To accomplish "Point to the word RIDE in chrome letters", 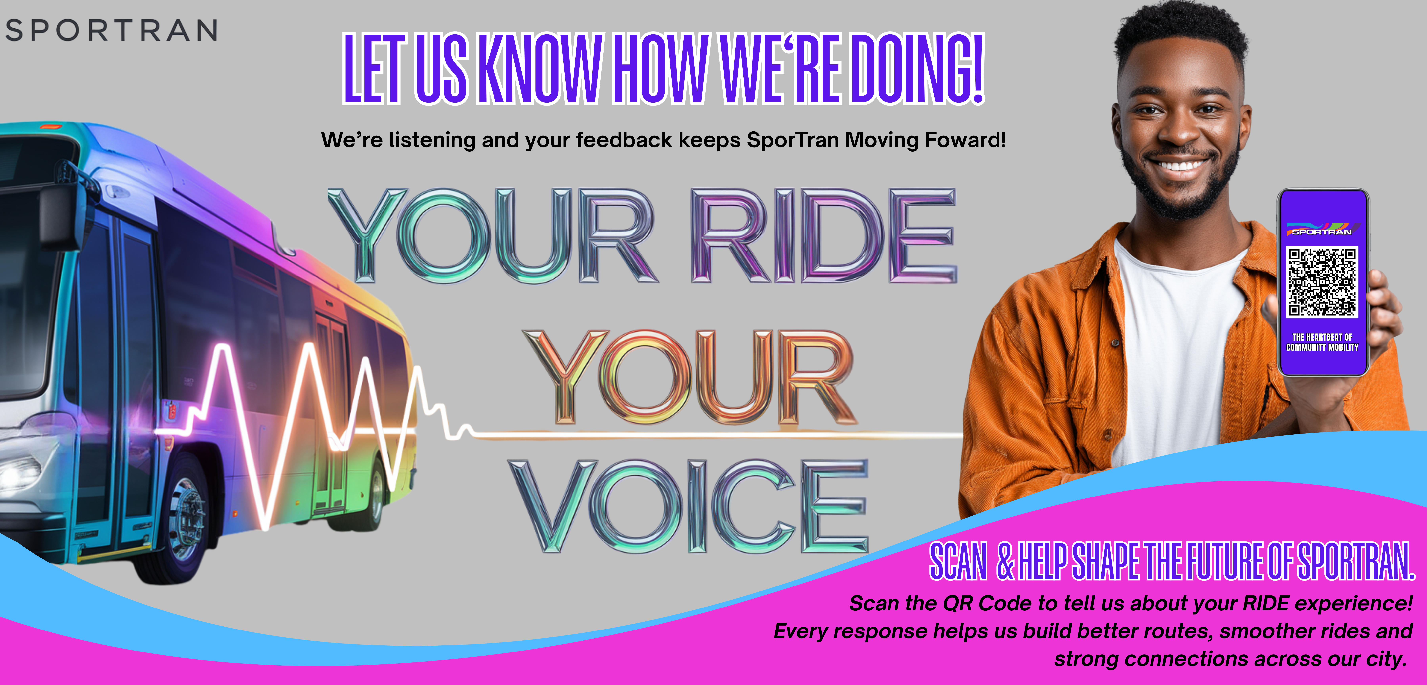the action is (x=824, y=235).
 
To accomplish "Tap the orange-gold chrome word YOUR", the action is (x=690, y=377).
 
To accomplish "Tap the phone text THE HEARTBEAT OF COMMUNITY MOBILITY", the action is (x=1322, y=342).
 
